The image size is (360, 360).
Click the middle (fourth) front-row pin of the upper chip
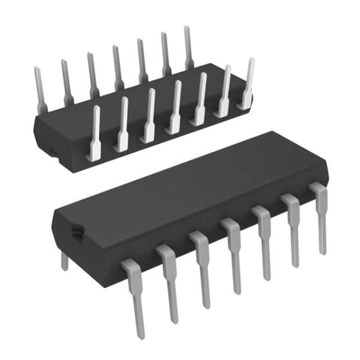click(176, 108)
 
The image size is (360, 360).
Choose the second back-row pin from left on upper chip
click(65, 81)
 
